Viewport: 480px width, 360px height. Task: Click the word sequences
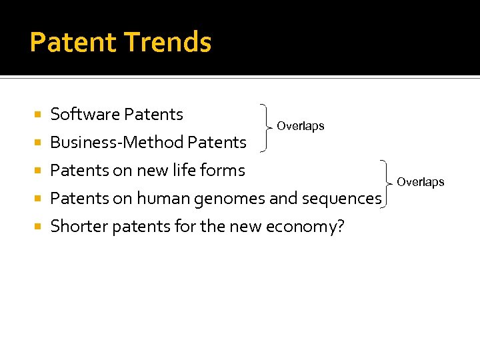341,198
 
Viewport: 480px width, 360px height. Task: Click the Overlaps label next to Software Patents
300,126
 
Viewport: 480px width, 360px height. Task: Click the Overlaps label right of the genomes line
420,182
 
